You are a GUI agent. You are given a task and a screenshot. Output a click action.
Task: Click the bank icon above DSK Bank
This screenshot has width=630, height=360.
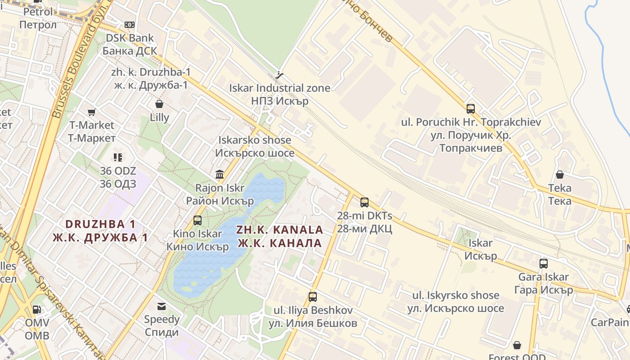point(130,24)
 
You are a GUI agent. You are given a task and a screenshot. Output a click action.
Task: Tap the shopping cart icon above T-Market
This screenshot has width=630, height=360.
point(92,112)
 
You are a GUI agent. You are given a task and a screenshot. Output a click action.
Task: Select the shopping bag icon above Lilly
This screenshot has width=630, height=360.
point(159,104)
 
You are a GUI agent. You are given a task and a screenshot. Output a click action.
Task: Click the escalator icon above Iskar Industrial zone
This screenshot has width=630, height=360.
point(280,75)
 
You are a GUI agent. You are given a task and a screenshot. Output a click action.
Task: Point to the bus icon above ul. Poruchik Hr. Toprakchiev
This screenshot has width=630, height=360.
point(471,108)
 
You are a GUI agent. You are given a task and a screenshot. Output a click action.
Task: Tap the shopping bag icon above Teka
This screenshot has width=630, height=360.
point(560,175)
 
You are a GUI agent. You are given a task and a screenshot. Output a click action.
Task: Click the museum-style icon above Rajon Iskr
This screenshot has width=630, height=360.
point(220,174)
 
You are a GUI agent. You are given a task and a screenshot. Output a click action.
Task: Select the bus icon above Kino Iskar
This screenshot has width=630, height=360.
point(198,220)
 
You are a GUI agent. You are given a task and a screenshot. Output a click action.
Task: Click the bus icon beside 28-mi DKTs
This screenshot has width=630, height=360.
point(364,202)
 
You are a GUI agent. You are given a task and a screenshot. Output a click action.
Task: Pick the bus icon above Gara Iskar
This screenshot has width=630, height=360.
point(544,264)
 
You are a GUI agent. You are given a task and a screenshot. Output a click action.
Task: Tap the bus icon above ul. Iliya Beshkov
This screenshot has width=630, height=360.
point(313,297)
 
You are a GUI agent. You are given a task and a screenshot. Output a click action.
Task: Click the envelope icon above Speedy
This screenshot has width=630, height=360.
point(162,306)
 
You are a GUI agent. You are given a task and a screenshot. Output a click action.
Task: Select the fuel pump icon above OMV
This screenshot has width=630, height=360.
point(37,310)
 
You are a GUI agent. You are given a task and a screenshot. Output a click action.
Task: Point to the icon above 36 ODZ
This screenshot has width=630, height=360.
point(118,157)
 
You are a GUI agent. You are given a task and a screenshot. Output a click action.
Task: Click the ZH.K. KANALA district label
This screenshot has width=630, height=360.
point(279,236)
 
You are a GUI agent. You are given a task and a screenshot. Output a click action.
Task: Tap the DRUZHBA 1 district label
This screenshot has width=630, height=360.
point(100,230)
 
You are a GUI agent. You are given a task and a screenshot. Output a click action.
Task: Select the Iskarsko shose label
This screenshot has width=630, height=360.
point(255,147)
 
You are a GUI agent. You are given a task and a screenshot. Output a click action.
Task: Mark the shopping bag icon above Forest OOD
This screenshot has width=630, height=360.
point(517,345)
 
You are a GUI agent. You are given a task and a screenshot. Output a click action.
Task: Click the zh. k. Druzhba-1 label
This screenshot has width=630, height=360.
point(151,78)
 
